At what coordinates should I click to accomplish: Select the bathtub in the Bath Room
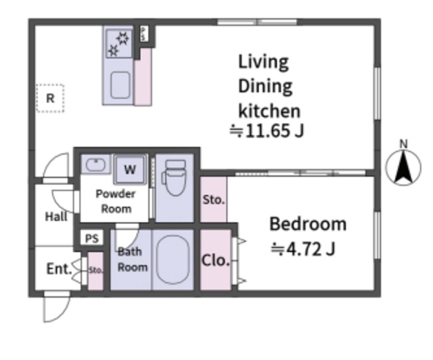(173, 260)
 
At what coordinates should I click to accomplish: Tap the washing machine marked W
(130, 169)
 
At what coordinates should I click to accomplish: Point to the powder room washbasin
(95, 165)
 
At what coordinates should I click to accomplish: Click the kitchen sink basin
(120, 85)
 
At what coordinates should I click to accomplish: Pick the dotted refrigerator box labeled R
(50, 98)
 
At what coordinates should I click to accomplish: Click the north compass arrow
(403, 167)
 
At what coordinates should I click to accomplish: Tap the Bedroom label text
(308, 224)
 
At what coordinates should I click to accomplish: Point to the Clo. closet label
(216, 261)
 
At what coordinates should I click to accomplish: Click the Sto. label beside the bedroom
(214, 200)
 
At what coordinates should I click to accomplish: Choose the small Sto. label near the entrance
(95, 270)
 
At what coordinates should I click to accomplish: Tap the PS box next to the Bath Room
(92, 238)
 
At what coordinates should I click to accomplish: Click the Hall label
(56, 217)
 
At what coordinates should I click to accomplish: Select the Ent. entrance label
(59, 269)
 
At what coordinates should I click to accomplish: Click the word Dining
(265, 86)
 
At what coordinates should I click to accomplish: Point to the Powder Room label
(116, 202)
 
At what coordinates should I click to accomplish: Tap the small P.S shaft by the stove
(143, 34)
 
